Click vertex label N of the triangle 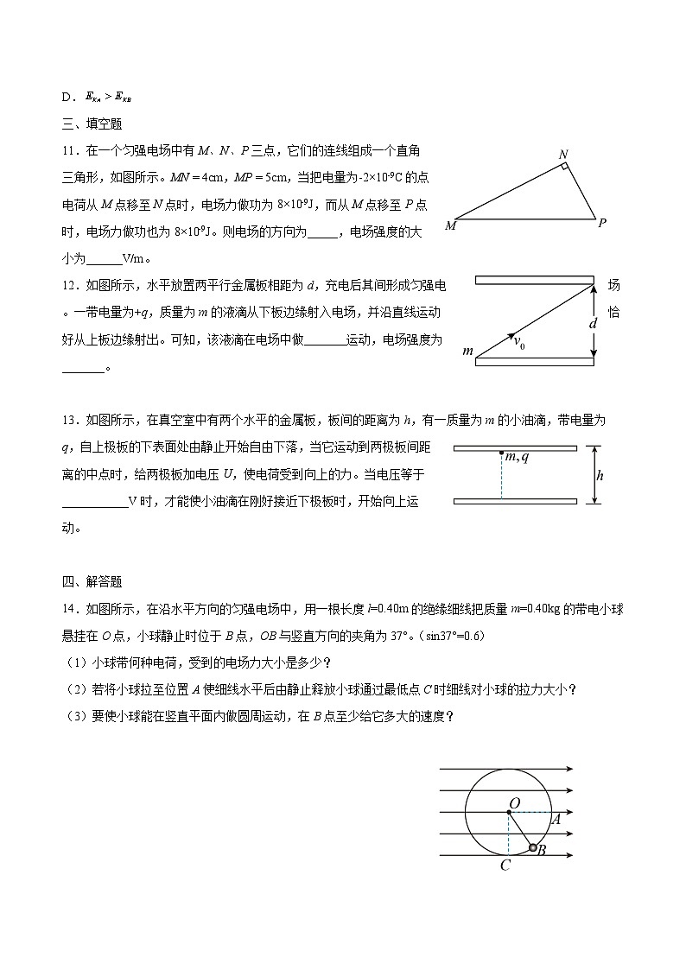point(562,155)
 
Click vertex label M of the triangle point(450,226)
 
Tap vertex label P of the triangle point(601,222)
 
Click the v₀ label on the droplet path point(519,342)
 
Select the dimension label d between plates point(593,323)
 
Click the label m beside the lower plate point(468,351)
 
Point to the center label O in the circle point(515,803)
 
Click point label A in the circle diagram point(556,819)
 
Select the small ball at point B point(533,848)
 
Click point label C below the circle point(505,865)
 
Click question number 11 point(71,151)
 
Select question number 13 point(71,421)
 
